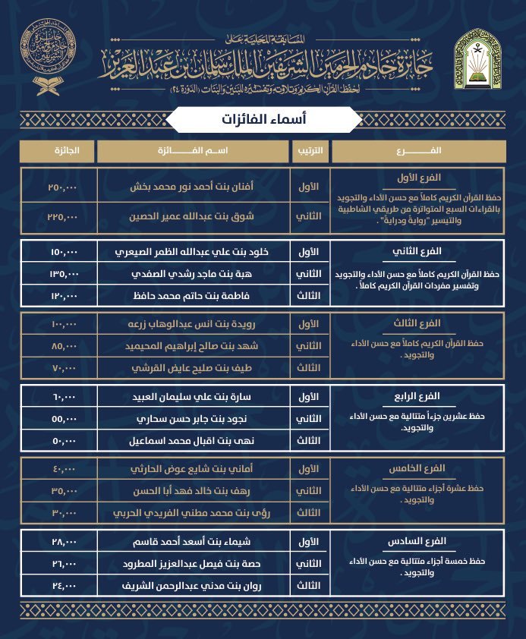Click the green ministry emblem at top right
(x=479, y=58)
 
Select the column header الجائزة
(x=57, y=150)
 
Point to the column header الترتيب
(x=310, y=150)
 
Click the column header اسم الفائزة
(x=194, y=150)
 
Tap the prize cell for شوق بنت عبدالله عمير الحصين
(x=58, y=216)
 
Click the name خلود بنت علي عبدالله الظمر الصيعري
(x=193, y=251)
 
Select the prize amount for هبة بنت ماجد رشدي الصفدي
(x=58, y=272)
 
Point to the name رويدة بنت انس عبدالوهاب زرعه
(x=193, y=324)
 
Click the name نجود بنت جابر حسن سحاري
(x=193, y=418)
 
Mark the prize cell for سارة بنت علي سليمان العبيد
(x=58, y=397)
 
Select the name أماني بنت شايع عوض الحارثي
(x=193, y=469)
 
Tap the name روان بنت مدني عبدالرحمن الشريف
(x=193, y=585)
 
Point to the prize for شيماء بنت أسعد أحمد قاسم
(x=58, y=543)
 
